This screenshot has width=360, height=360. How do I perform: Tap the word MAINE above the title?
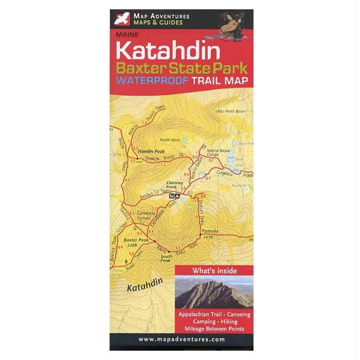[x=126, y=36]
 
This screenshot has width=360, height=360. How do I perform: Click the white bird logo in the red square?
[x=121, y=20]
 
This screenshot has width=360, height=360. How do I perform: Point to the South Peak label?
[x=166, y=258]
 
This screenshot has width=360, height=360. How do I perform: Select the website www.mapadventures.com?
[x=182, y=339]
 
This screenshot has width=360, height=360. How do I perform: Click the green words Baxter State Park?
[x=182, y=67]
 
